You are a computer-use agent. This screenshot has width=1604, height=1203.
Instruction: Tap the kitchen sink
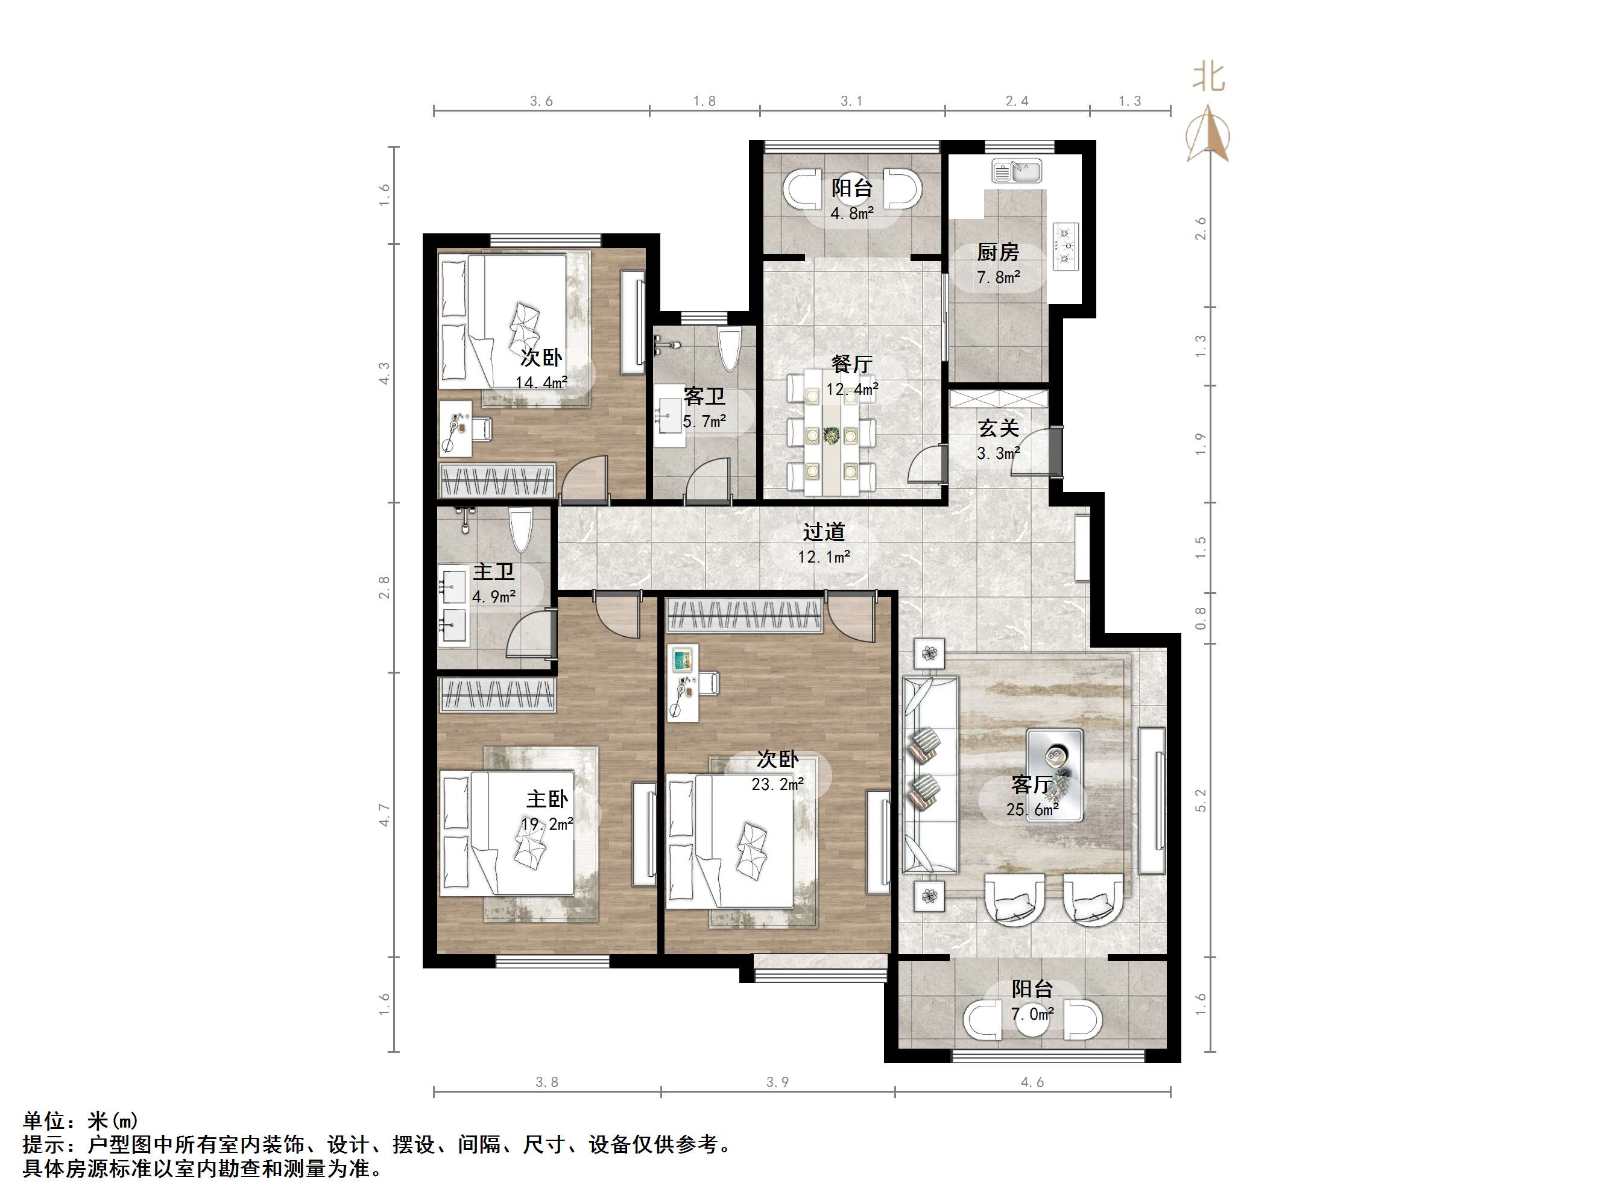pyautogui.click(x=1017, y=172)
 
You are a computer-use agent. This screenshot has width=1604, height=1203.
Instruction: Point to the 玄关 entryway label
pyautogui.click(x=999, y=429)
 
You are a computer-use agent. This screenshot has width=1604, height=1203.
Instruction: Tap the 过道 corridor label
pyautogui.click(x=824, y=532)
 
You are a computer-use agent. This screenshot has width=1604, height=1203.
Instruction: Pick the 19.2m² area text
pyautogui.click(x=548, y=824)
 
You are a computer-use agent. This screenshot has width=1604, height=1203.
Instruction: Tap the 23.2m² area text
pyautogui.click(x=777, y=784)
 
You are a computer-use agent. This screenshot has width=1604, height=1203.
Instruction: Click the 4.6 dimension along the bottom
pyautogui.click(x=1032, y=1082)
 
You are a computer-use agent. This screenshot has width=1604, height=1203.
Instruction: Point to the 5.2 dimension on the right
pyautogui.click(x=1201, y=800)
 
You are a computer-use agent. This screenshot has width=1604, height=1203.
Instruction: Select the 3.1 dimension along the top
pyautogui.click(x=851, y=101)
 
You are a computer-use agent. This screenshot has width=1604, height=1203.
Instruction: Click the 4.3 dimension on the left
pyautogui.click(x=384, y=373)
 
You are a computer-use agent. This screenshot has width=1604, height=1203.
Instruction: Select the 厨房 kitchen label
pyautogui.click(x=998, y=252)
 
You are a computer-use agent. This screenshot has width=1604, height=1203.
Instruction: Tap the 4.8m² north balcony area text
pyautogui.click(x=851, y=213)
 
